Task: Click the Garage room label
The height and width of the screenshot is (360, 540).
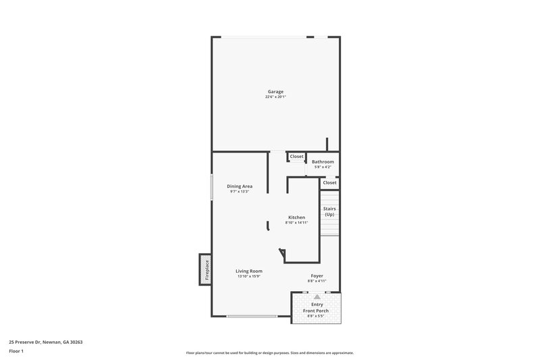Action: coord(275,91)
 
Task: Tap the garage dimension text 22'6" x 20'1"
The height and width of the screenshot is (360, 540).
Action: coord(275,97)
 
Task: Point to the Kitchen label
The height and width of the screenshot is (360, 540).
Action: coord(296,217)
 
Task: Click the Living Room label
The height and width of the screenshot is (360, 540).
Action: coord(248,271)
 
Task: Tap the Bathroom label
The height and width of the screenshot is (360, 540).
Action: coord(323,162)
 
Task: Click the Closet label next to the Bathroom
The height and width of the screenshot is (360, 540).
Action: coord(297,157)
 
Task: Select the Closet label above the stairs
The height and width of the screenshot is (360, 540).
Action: coord(329,182)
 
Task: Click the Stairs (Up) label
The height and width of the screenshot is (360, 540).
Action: coord(329,211)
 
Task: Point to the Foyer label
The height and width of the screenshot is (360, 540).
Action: coord(317,276)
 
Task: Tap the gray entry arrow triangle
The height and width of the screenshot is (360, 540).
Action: coord(317,297)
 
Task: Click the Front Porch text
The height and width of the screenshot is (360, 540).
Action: coord(317,311)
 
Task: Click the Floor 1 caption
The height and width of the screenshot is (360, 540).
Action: coord(16,352)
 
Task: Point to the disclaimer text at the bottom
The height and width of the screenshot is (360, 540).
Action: coord(270,353)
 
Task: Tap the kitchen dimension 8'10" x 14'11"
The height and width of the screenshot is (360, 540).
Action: coord(296,222)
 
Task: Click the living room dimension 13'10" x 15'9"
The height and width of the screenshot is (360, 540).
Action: coord(248,276)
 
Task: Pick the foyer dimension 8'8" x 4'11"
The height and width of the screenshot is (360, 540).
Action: coord(317,281)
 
